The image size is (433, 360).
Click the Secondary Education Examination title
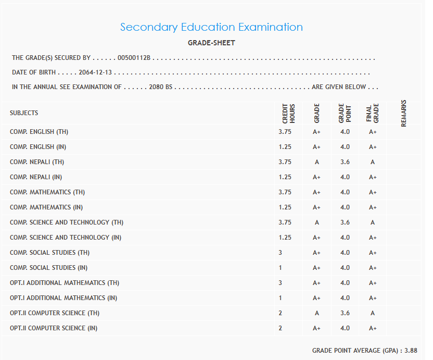point(211,27)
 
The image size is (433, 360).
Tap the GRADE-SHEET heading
point(211,43)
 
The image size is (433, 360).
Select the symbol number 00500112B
point(134,58)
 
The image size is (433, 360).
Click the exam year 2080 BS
point(160,87)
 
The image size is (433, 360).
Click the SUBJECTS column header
point(24,113)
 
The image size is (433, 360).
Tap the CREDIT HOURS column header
point(288,113)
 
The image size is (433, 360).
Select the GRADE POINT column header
point(345,113)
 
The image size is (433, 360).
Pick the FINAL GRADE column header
point(373,113)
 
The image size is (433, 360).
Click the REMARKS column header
point(404,113)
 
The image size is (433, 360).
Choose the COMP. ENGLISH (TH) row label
point(39,132)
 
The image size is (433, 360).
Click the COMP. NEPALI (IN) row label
point(36,177)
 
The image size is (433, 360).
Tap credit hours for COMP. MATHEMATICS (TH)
point(285,192)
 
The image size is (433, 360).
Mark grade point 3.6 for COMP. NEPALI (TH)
point(345,162)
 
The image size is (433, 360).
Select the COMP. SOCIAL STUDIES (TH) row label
point(50,253)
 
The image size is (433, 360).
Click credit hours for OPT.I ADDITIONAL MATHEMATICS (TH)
point(281,283)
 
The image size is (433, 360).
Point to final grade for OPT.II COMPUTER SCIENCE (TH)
point(373,313)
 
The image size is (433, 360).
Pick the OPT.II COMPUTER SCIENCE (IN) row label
point(54,328)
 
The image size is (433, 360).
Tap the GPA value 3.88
point(411,351)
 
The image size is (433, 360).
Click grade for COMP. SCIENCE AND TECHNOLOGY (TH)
point(316,222)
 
